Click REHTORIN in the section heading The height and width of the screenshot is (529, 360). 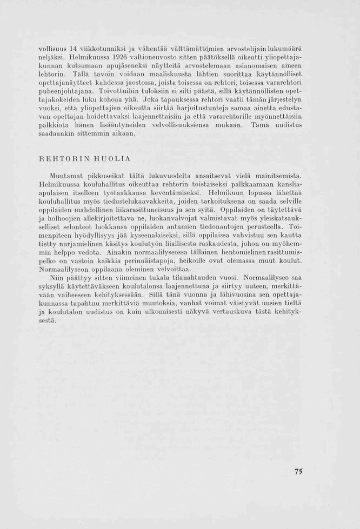[x=68, y=159]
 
